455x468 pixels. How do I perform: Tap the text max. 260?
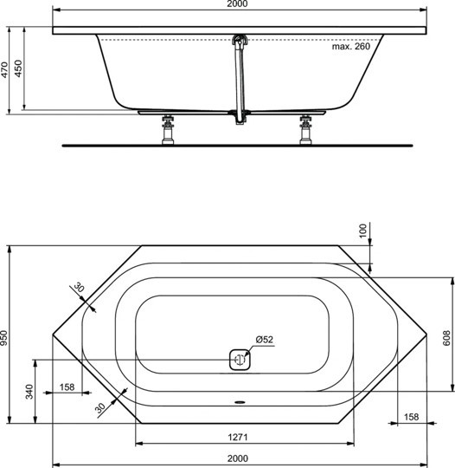point(350,47)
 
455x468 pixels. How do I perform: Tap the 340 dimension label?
point(29,393)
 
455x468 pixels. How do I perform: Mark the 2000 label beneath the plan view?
point(238,458)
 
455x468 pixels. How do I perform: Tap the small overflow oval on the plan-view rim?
point(239,403)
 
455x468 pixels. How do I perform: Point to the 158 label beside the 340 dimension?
point(67,387)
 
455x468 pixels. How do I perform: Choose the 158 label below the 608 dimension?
point(411,417)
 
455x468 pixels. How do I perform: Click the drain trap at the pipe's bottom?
point(238,115)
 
